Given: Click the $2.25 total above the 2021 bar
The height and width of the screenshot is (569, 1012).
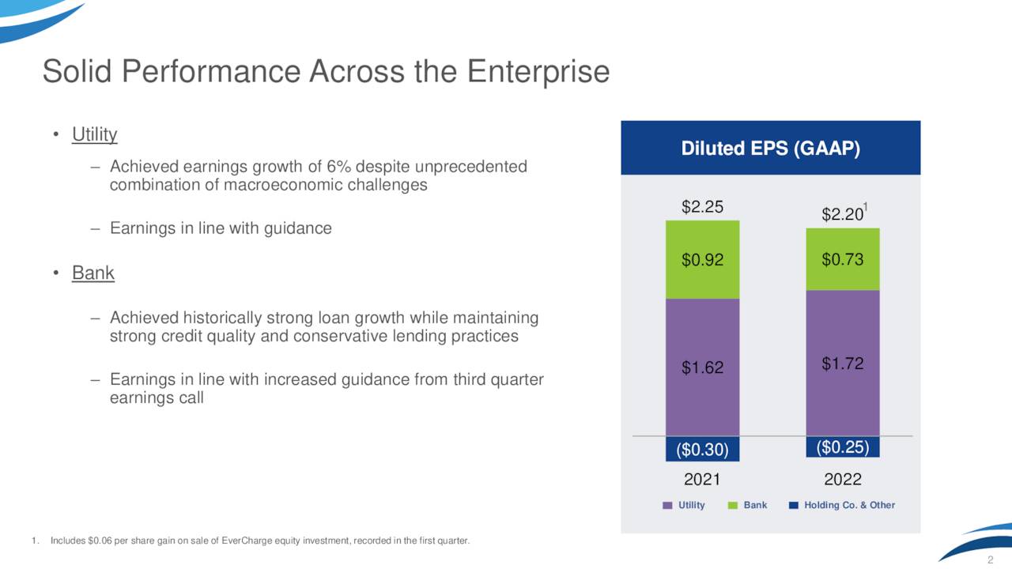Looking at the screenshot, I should [702, 207].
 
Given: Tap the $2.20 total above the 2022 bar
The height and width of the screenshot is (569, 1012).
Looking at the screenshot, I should [841, 214].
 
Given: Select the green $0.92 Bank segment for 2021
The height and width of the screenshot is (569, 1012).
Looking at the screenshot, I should [702, 259].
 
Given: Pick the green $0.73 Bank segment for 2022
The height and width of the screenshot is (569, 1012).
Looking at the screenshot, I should [842, 259].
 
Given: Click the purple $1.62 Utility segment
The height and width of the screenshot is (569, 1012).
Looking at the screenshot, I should [702, 367].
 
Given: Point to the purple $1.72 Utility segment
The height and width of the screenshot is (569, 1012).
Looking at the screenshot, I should [842, 363].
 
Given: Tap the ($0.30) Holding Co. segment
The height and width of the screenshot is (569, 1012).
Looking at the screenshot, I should [702, 449].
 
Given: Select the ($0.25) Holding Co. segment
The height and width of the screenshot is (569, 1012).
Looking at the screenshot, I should [842, 447].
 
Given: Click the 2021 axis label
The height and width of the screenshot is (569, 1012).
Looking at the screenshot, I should [702, 480].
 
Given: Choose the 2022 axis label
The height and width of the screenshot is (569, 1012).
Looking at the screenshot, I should [842, 480].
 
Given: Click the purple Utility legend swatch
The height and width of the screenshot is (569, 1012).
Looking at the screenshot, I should [667, 505].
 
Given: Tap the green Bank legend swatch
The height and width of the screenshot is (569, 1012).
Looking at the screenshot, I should [732, 505].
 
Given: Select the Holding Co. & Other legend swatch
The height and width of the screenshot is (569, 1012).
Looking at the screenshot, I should [794, 505].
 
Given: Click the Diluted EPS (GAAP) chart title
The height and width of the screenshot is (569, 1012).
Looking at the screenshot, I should [771, 149].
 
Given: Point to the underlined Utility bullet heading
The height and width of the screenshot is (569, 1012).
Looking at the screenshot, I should [94, 134].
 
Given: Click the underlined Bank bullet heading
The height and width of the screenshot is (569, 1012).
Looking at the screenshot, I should [93, 273].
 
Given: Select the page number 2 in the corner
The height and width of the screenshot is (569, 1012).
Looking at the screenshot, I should [989, 560].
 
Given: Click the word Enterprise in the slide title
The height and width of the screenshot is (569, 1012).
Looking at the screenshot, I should [538, 72].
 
